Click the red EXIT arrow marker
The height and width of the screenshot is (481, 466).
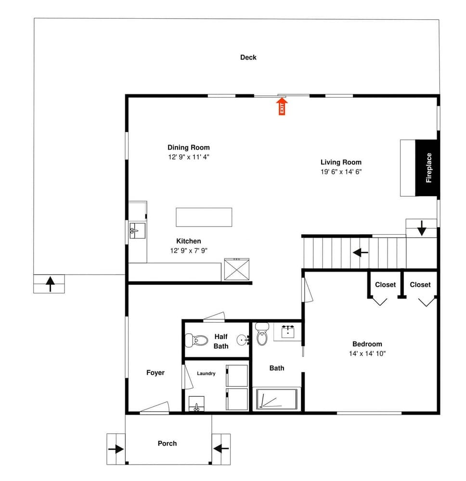pyautogui.click(x=282, y=106)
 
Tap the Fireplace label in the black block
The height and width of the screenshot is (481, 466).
pyautogui.click(x=428, y=168)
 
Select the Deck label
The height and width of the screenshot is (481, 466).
pyautogui.click(x=248, y=57)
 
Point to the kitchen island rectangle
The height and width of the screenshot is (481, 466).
pyautogui.click(x=204, y=217)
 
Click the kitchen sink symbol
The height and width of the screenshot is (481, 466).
pyautogui.click(x=137, y=231)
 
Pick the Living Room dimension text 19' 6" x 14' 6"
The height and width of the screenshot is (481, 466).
pyautogui.click(x=341, y=172)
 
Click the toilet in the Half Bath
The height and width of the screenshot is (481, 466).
pyautogui.click(x=196, y=340)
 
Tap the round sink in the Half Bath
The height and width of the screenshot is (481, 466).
pyautogui.click(x=243, y=340)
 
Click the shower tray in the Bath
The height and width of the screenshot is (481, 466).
pyautogui.click(x=277, y=399)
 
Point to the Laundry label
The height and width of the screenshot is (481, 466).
pyautogui.click(x=206, y=373)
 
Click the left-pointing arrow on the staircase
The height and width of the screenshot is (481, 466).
pyautogui.click(x=361, y=253)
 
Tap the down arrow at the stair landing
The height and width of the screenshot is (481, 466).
pyautogui.click(x=422, y=228)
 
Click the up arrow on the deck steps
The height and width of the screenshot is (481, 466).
pyautogui.click(x=50, y=284)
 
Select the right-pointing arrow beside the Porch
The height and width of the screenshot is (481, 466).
pyautogui.click(x=116, y=449)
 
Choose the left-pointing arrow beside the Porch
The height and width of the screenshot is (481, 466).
pyautogui.click(x=221, y=449)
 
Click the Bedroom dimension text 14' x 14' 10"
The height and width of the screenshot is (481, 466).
pyautogui.click(x=367, y=354)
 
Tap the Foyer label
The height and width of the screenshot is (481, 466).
pyautogui.click(x=155, y=373)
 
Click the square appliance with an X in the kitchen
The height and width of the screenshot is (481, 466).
pyautogui.click(x=237, y=269)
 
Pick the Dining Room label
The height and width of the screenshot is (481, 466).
pyautogui.click(x=189, y=148)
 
